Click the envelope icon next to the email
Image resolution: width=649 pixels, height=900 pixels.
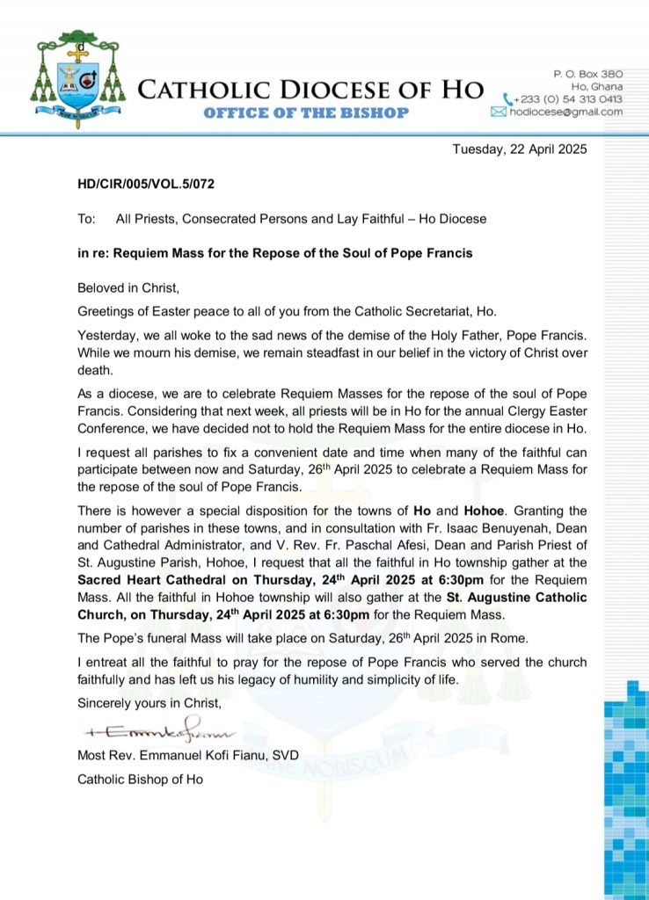[x=499, y=112]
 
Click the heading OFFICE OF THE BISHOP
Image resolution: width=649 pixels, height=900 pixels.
[x=306, y=112]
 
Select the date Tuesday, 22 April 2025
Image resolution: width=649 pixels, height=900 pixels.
[x=519, y=149]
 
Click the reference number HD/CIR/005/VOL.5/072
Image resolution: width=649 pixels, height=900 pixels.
[x=146, y=185]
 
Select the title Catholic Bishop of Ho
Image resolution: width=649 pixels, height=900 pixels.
[x=140, y=779]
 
